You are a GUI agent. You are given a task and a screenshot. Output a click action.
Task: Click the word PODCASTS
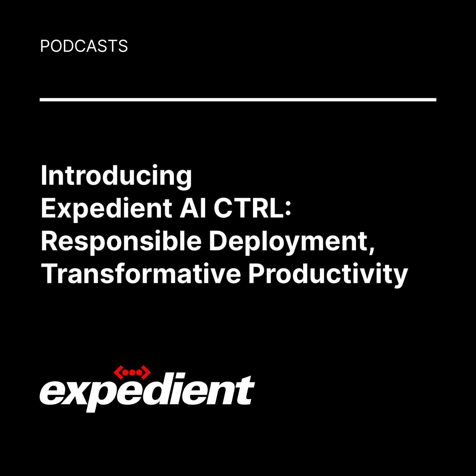point(84,46)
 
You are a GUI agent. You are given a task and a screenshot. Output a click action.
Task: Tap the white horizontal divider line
point(238,100)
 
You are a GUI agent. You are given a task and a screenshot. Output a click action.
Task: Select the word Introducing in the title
point(116,176)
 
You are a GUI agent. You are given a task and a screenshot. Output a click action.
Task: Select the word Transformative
point(141,274)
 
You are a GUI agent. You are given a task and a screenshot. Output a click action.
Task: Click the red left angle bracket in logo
point(118,373)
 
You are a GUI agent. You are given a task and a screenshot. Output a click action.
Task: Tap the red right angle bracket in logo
point(146,373)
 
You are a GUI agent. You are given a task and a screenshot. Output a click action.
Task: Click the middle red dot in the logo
point(132,373)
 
